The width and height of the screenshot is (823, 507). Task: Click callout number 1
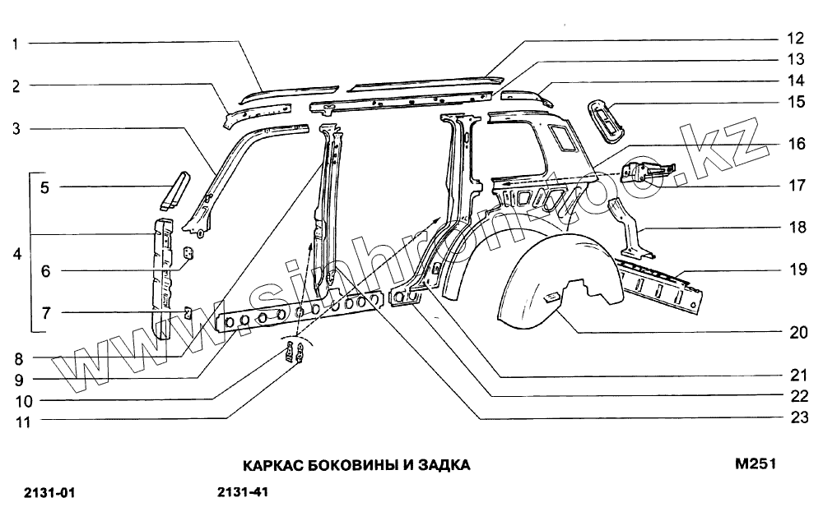point(16,44)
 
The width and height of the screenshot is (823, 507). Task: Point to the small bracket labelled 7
point(187,311)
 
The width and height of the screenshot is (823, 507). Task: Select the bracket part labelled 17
point(645,171)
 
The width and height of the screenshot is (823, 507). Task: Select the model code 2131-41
point(243,492)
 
